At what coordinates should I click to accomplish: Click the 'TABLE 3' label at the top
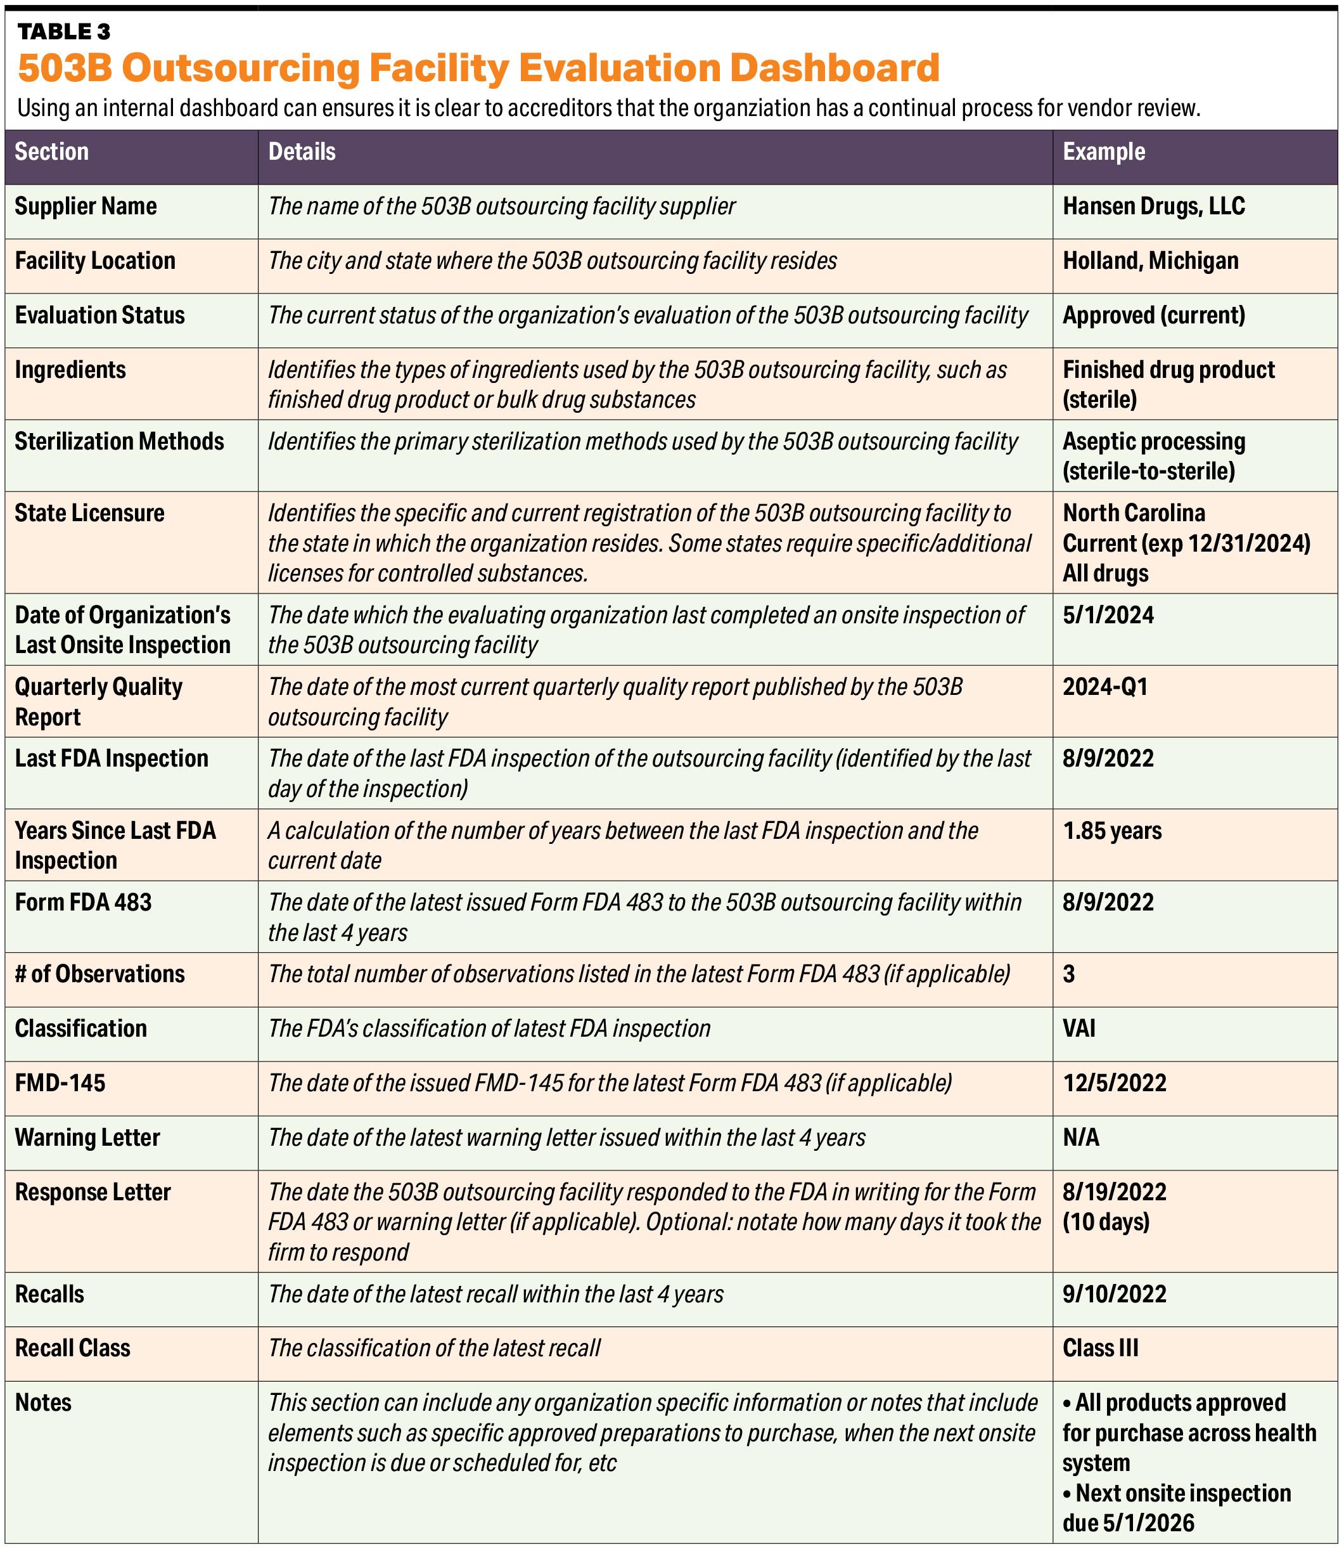coord(64,32)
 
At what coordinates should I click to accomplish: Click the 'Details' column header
coord(302,152)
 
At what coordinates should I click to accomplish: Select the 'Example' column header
coord(1103,152)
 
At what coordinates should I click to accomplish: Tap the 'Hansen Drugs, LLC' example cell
coord(1153,206)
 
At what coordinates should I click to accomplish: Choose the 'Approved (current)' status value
coord(1153,315)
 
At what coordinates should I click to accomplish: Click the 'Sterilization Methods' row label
coord(119,441)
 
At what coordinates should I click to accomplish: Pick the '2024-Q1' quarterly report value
coord(1104,687)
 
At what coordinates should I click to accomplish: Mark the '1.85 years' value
coord(1111,831)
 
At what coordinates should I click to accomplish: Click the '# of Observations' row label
coord(99,974)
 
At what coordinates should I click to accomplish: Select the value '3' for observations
coord(1069,974)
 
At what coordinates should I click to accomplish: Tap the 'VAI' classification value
coord(1078,1028)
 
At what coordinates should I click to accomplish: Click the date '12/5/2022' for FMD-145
coord(1115,1083)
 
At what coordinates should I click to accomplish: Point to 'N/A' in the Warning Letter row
coord(1081,1137)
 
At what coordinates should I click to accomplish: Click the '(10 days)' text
coord(1106,1222)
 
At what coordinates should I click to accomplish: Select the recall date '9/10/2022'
coord(1115,1295)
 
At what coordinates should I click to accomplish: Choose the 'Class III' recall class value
coord(1100,1349)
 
